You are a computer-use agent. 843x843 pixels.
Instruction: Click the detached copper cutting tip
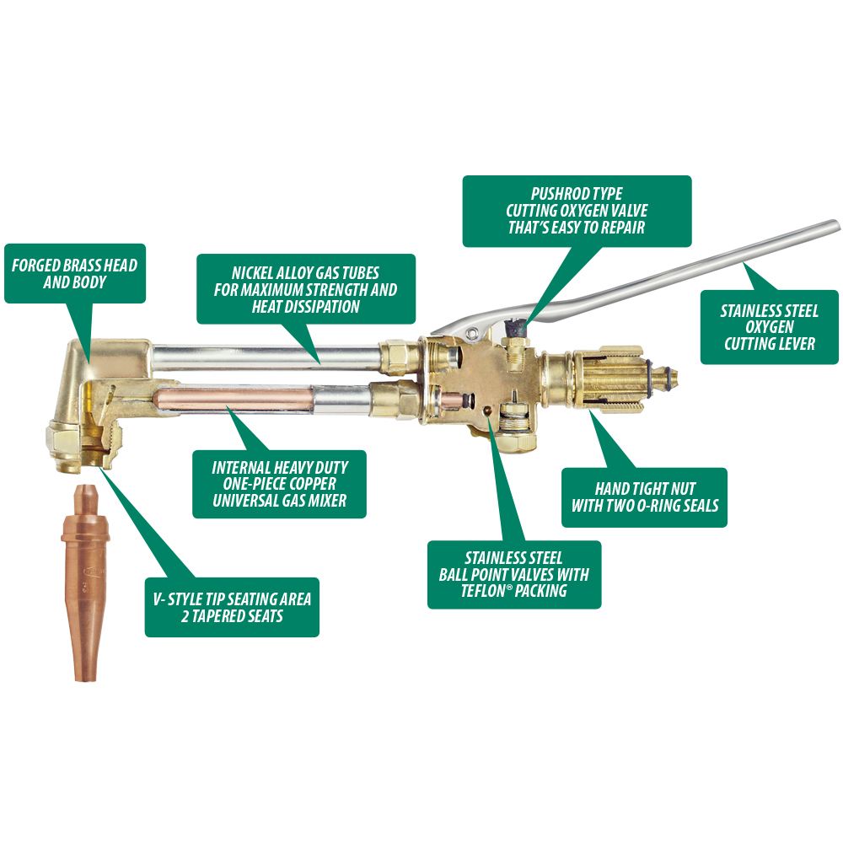pos(85,583)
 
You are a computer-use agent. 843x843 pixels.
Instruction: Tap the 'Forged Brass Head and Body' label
pos(75,273)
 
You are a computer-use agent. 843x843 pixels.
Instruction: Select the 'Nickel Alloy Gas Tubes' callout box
pos(306,289)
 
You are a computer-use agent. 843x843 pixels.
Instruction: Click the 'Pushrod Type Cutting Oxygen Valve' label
pos(577,211)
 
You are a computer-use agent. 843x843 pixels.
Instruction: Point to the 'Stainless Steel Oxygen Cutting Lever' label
pos(770,327)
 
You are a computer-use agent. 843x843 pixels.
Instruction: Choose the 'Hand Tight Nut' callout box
pos(644,497)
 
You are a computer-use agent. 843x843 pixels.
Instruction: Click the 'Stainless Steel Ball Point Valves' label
pos(514,574)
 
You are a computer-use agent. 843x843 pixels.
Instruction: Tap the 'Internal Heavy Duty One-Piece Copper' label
pos(280,484)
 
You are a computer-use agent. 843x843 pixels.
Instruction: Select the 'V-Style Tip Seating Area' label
pos(233,608)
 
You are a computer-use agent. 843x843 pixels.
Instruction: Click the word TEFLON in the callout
pos(483,591)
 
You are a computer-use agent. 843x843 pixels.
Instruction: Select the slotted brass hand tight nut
pos(608,379)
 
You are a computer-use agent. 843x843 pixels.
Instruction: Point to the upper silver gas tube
pos(267,356)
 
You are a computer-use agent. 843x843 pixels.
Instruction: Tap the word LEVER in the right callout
pos(797,344)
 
